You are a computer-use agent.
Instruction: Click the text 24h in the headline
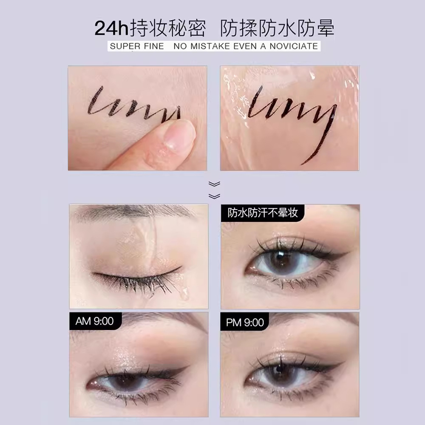click(111, 28)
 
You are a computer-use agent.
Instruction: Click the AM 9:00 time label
click(95, 321)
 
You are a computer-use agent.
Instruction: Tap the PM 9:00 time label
click(245, 323)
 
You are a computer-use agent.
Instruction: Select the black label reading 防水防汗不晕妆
click(262, 213)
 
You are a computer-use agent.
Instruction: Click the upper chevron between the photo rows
click(214, 184)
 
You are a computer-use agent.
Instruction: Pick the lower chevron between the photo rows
click(214, 196)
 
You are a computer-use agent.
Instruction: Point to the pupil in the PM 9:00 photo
click(280, 370)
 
